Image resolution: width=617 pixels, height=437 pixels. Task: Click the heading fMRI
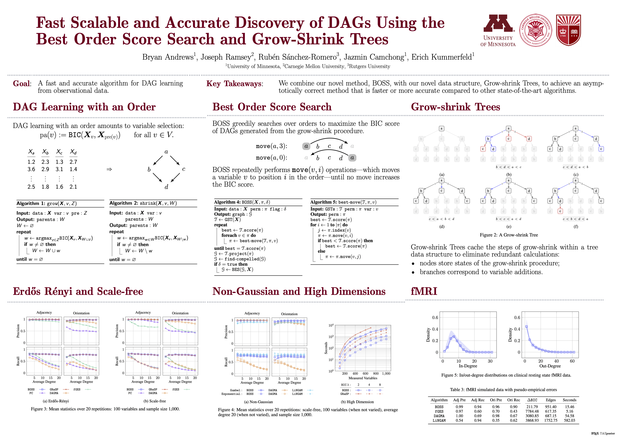tap(424, 291)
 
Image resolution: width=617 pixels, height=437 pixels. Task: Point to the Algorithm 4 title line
tap(242, 202)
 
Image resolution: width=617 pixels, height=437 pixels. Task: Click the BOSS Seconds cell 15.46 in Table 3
tap(569, 407)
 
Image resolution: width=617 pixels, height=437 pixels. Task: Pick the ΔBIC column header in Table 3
tap(532, 400)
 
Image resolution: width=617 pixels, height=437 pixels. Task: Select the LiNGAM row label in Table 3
tap(439, 420)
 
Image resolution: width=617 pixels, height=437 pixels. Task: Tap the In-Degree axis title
tap(468, 366)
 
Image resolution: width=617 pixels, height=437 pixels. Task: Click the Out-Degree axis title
tap(550, 366)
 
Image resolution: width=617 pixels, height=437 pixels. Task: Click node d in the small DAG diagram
tap(166, 187)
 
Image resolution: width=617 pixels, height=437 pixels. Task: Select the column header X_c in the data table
tap(59, 152)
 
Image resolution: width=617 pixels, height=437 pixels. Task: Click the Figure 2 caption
tap(509, 235)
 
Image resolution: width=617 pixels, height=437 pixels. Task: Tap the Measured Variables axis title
tap(363, 378)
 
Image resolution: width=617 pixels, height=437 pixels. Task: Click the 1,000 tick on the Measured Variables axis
tap(386, 374)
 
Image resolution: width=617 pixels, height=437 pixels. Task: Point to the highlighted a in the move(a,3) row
tap(306, 146)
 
